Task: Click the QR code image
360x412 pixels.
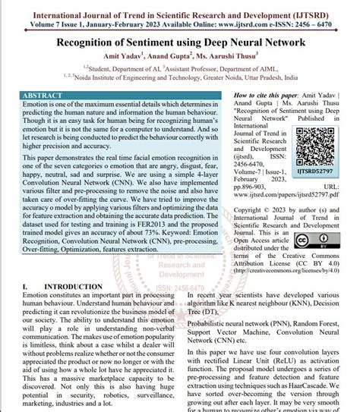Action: point(320,134)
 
